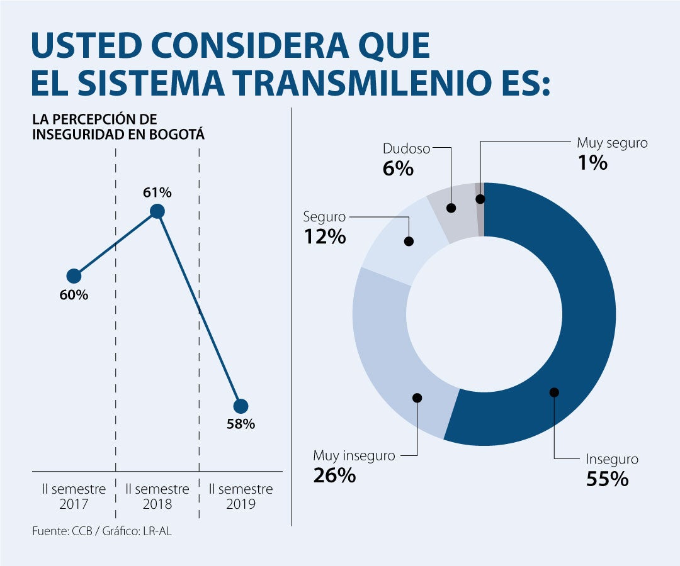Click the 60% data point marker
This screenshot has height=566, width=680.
[x=74, y=276]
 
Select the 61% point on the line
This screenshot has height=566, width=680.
[x=157, y=211]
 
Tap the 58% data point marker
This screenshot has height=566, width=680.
[x=241, y=406]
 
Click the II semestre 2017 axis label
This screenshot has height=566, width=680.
[x=74, y=496]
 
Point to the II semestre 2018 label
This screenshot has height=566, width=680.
[x=157, y=496]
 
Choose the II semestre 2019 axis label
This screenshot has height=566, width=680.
[x=241, y=496]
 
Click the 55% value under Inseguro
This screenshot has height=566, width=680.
[x=608, y=479]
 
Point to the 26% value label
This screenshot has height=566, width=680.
[x=334, y=475]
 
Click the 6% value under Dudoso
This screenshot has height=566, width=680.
[x=398, y=169]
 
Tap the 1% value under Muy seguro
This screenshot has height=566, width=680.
[x=592, y=163]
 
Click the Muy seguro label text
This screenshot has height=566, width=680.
[x=612, y=143]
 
